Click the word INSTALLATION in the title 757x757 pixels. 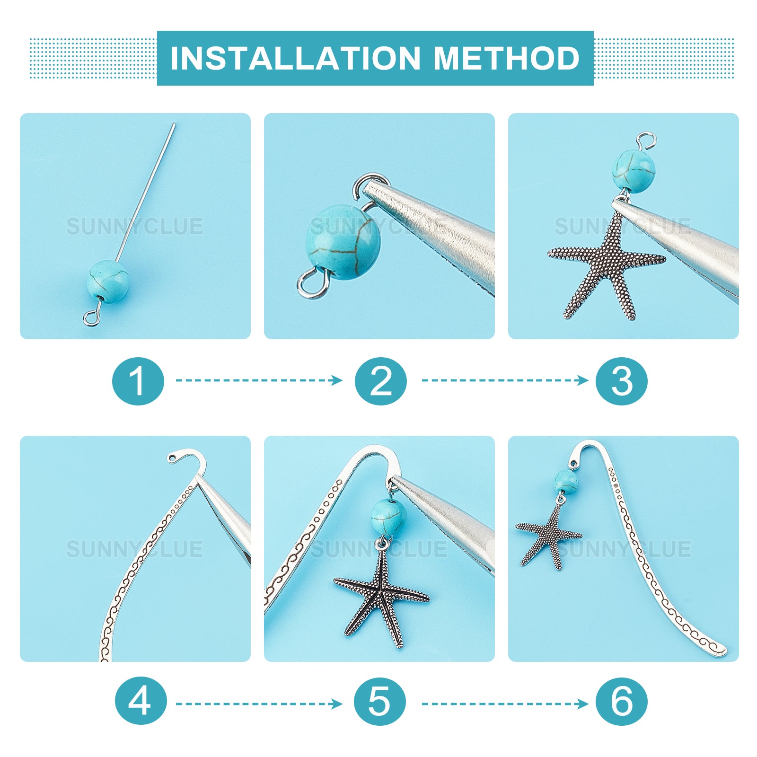click(296, 58)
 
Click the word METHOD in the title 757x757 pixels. click(507, 58)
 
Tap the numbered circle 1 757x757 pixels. click(138, 381)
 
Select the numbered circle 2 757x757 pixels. click(381, 381)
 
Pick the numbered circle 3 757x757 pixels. click(622, 381)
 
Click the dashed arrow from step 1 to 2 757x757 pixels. click(259, 380)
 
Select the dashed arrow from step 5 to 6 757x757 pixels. click(505, 704)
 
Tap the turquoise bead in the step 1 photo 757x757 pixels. click(108, 282)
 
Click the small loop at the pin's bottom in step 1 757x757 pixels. click(91, 318)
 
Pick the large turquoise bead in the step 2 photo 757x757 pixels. click(343, 242)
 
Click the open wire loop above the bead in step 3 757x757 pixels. click(646, 140)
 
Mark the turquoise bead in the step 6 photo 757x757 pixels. click(566, 482)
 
